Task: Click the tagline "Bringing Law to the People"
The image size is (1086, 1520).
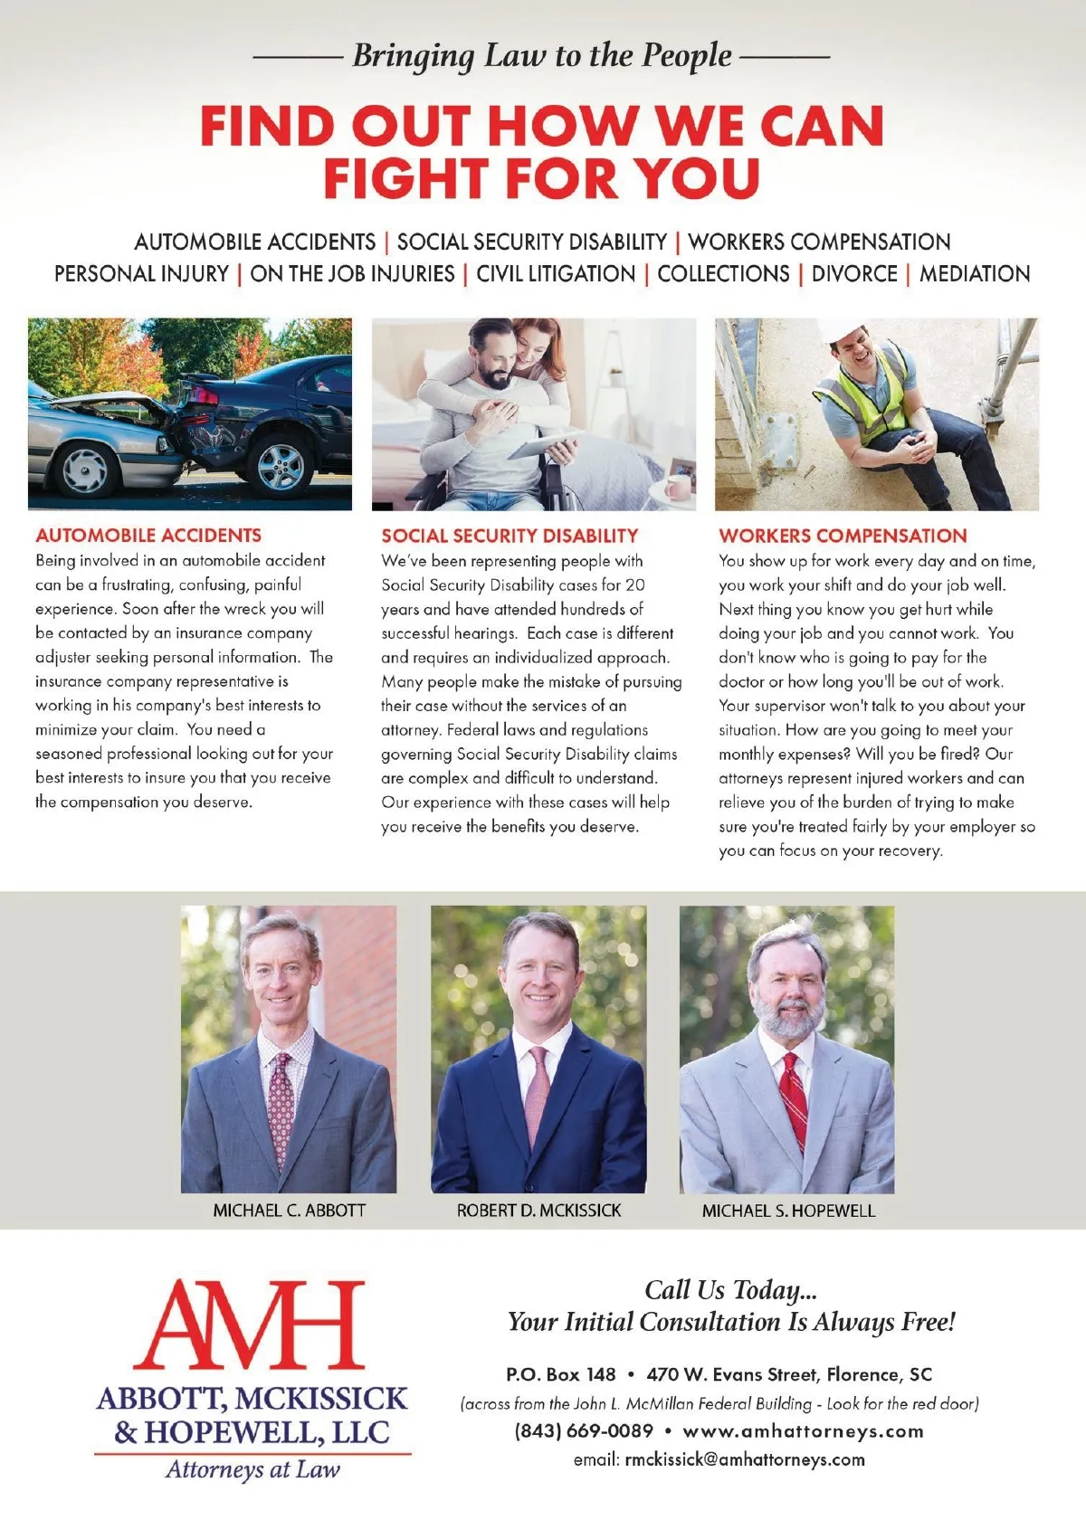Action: tap(541, 56)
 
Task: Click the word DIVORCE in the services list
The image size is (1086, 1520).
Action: tap(854, 273)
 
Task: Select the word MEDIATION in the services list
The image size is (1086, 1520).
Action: tap(975, 273)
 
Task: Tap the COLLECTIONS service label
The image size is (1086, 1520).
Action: tap(723, 273)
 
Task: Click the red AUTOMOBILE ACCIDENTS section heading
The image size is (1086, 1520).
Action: tap(148, 536)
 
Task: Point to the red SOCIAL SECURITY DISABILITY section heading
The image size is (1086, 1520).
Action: tap(510, 536)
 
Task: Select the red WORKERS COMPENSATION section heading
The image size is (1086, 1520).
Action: tap(843, 536)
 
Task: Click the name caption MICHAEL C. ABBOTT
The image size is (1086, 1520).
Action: tap(290, 1211)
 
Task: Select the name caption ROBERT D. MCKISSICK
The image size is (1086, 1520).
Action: tap(538, 1211)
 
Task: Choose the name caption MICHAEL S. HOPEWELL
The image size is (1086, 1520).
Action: tap(788, 1211)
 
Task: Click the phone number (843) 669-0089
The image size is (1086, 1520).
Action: tap(584, 1431)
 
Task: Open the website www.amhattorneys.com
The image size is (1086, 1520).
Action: tap(804, 1431)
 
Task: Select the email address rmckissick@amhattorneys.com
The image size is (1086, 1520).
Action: tap(745, 1459)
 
